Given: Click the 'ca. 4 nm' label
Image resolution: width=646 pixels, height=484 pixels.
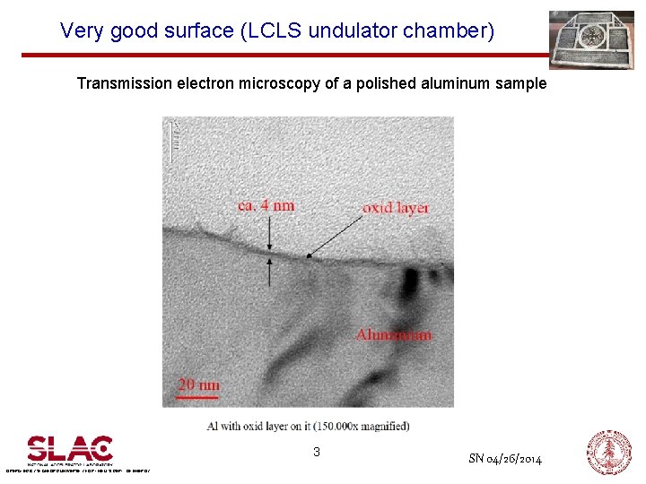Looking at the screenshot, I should pyautogui.click(x=266, y=205).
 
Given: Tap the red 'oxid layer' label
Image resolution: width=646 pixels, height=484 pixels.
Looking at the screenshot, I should pyautogui.click(x=396, y=208).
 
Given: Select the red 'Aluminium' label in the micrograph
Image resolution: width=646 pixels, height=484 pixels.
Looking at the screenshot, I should pyautogui.click(x=393, y=334).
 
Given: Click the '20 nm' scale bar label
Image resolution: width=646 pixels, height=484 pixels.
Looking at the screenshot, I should pyautogui.click(x=197, y=385).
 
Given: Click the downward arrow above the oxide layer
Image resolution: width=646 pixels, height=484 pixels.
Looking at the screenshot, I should pyautogui.click(x=270, y=235).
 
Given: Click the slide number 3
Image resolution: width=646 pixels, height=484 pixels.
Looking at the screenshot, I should pyautogui.click(x=316, y=453).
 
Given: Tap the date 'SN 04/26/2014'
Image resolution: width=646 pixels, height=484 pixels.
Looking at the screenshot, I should pyautogui.click(x=505, y=459).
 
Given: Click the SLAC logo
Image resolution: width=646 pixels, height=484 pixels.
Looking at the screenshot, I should pyautogui.click(x=69, y=449).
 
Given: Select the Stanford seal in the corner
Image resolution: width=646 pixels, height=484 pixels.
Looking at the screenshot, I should pyautogui.click(x=609, y=453).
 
